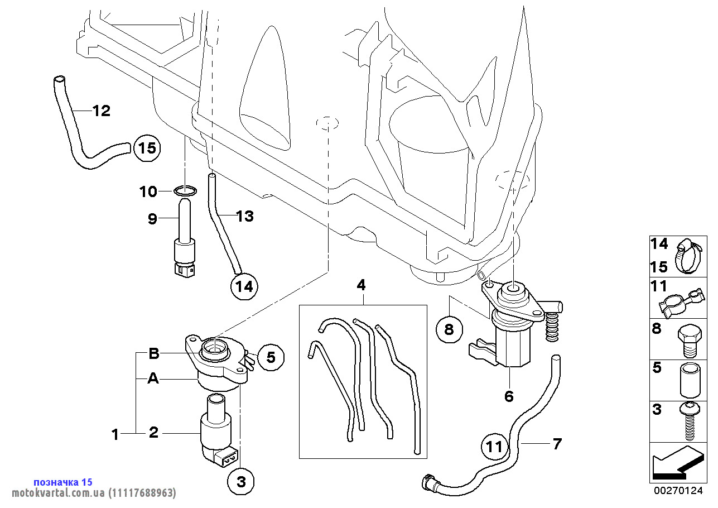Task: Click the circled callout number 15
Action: (x=147, y=148)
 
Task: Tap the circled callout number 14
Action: (x=244, y=286)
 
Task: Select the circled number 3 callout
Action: (x=240, y=481)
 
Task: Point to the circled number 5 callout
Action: (x=271, y=357)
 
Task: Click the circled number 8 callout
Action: (x=449, y=329)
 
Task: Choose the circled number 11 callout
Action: (x=495, y=446)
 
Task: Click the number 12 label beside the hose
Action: (x=102, y=111)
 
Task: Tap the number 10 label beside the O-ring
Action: (x=148, y=191)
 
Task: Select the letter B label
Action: (x=154, y=353)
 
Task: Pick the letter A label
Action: (x=153, y=378)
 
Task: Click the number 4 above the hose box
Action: (x=362, y=285)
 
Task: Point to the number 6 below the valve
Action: (x=509, y=396)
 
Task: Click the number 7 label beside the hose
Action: (x=557, y=444)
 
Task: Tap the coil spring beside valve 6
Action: (x=552, y=327)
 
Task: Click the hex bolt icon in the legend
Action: (x=690, y=341)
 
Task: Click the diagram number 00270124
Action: (x=678, y=491)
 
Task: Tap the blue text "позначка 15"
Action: (x=63, y=482)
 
